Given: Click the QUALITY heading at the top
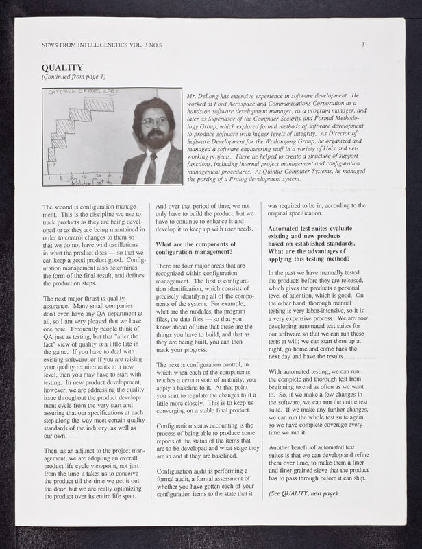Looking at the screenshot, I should pos(62,67).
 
